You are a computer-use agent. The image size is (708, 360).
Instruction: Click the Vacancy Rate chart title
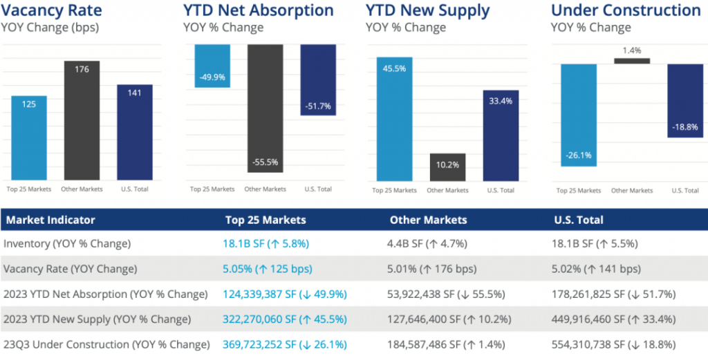[x=52, y=10]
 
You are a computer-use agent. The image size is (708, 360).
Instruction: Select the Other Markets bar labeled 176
[x=82, y=121]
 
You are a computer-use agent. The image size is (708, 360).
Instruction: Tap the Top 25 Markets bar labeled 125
[x=29, y=138]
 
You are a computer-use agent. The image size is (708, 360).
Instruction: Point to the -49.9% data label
[x=212, y=77]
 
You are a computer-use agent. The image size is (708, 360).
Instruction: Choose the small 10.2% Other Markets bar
[x=447, y=167]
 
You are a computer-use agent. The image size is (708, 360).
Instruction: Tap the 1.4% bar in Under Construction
[x=632, y=61]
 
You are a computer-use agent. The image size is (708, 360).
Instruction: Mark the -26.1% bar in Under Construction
[x=579, y=115]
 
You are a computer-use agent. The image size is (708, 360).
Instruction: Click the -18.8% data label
[x=684, y=127]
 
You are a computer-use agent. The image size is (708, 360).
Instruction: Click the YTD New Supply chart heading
[x=427, y=10]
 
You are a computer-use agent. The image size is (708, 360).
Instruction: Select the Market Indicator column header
[x=50, y=220]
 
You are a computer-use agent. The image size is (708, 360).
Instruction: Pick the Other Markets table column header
[x=428, y=220]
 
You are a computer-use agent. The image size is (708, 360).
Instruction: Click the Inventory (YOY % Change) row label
[x=67, y=243]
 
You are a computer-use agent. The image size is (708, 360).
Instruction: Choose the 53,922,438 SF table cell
[x=447, y=294]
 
